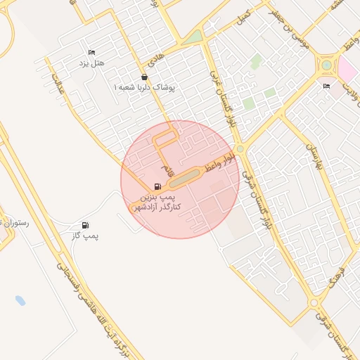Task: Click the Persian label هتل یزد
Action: click(91, 63)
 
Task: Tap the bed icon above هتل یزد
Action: click(91, 52)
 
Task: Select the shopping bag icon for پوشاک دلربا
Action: click(144, 77)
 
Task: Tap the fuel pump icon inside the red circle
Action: click(157, 186)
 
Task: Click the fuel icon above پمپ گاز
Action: click(86, 225)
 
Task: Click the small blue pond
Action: click(20, 300)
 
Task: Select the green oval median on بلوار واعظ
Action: click(184, 180)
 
